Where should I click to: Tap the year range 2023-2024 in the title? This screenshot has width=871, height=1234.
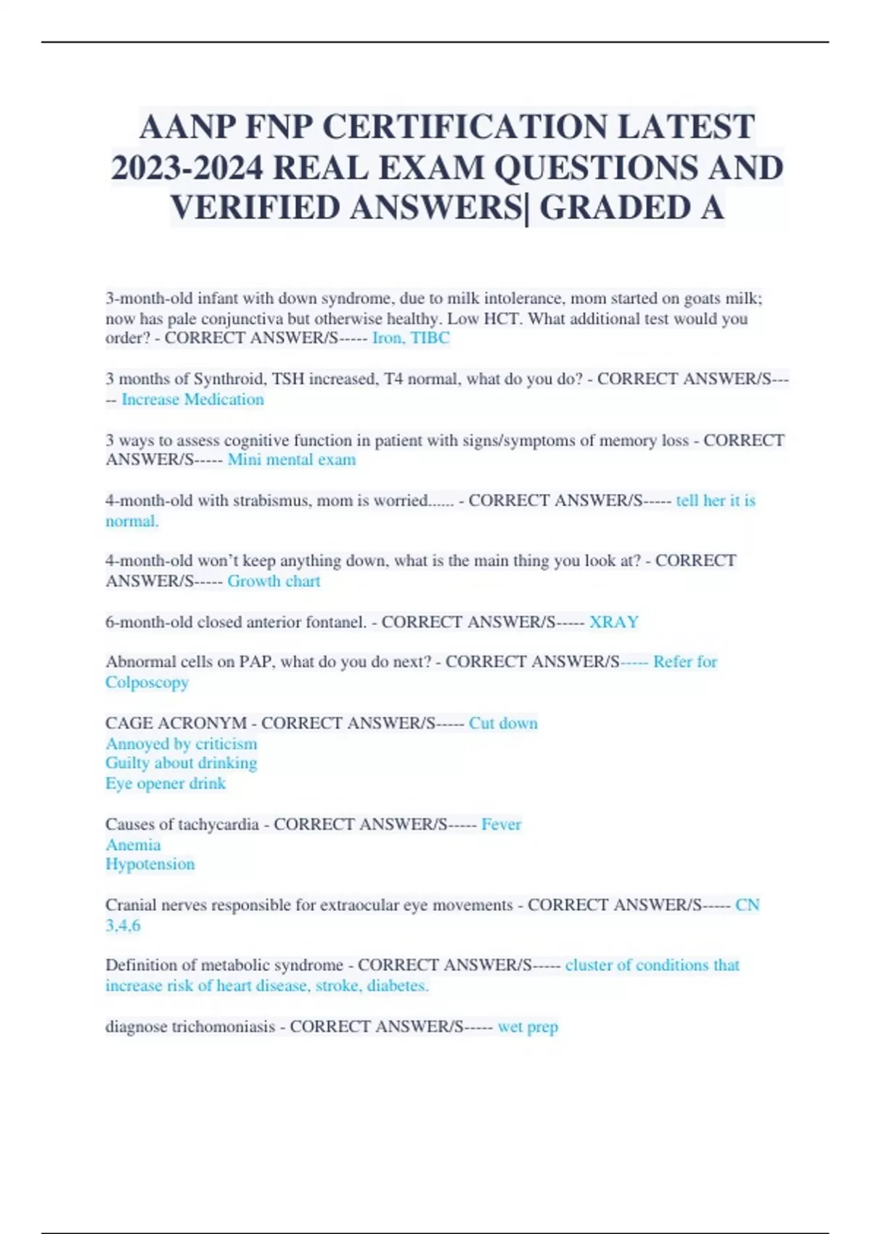(x=187, y=168)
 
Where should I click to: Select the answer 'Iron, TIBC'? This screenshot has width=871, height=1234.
(x=411, y=338)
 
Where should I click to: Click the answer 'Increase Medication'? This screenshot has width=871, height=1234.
(x=192, y=400)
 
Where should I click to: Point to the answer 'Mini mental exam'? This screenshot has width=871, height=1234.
(x=291, y=460)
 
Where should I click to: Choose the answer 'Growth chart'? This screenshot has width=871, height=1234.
(x=274, y=581)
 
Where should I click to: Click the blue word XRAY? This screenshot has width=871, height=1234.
(x=613, y=622)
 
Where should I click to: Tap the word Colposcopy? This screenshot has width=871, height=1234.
(x=147, y=683)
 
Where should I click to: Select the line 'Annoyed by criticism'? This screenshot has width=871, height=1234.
(x=181, y=744)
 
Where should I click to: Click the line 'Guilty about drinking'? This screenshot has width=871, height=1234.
(x=181, y=764)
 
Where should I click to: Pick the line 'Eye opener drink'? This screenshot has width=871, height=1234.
(x=165, y=784)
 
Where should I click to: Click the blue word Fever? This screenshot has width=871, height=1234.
(x=501, y=825)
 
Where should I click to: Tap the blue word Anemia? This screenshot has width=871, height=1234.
(x=133, y=845)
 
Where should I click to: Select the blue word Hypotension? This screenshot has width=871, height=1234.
(x=150, y=865)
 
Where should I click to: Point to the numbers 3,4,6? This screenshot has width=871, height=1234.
(x=123, y=926)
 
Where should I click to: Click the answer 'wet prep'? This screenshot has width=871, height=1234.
(x=528, y=1027)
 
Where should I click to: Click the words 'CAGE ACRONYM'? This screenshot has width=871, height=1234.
(x=176, y=724)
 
